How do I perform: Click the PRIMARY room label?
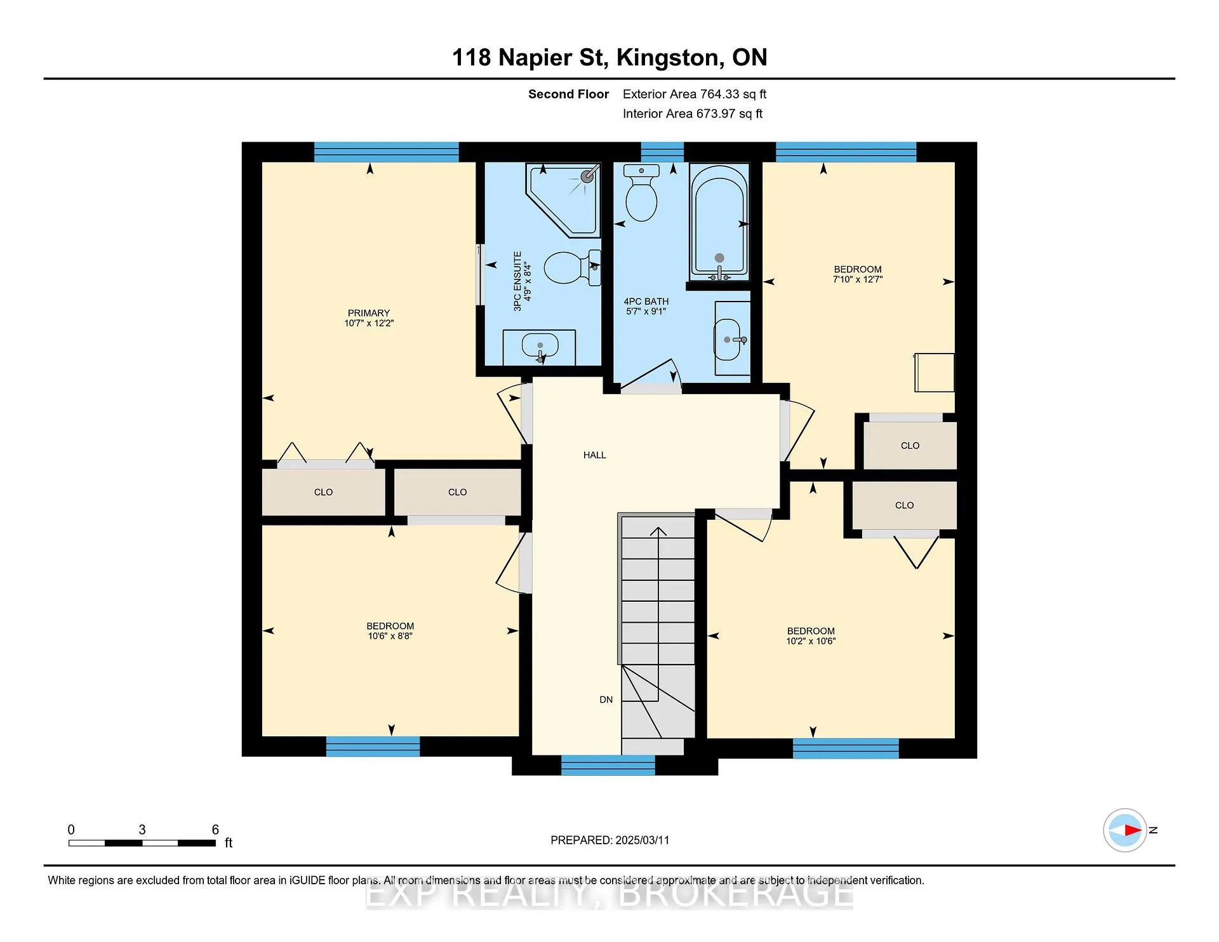(368, 313)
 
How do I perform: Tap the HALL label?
(595, 455)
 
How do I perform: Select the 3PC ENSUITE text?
(517, 281)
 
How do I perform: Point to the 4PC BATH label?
(646, 302)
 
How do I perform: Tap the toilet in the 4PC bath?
(641, 192)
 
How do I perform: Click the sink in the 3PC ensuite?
(540, 347)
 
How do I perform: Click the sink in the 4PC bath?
(731, 339)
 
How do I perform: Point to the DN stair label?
(606, 700)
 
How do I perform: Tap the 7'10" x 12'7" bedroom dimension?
(858, 279)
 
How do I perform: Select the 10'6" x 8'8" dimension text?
(390, 636)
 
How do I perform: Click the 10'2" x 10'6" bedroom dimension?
(811, 641)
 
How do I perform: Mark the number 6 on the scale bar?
(215, 830)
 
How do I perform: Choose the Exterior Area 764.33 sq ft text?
(695, 94)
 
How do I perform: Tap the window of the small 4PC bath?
(662, 152)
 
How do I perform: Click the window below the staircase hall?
(608, 765)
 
